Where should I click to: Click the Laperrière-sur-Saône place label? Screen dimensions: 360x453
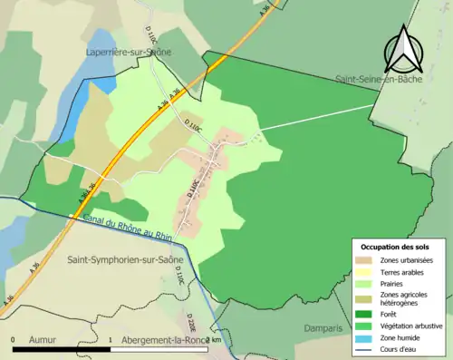(130, 53)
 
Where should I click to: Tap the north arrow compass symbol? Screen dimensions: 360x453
(401, 50)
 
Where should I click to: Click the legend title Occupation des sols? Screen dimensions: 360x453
(395, 247)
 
